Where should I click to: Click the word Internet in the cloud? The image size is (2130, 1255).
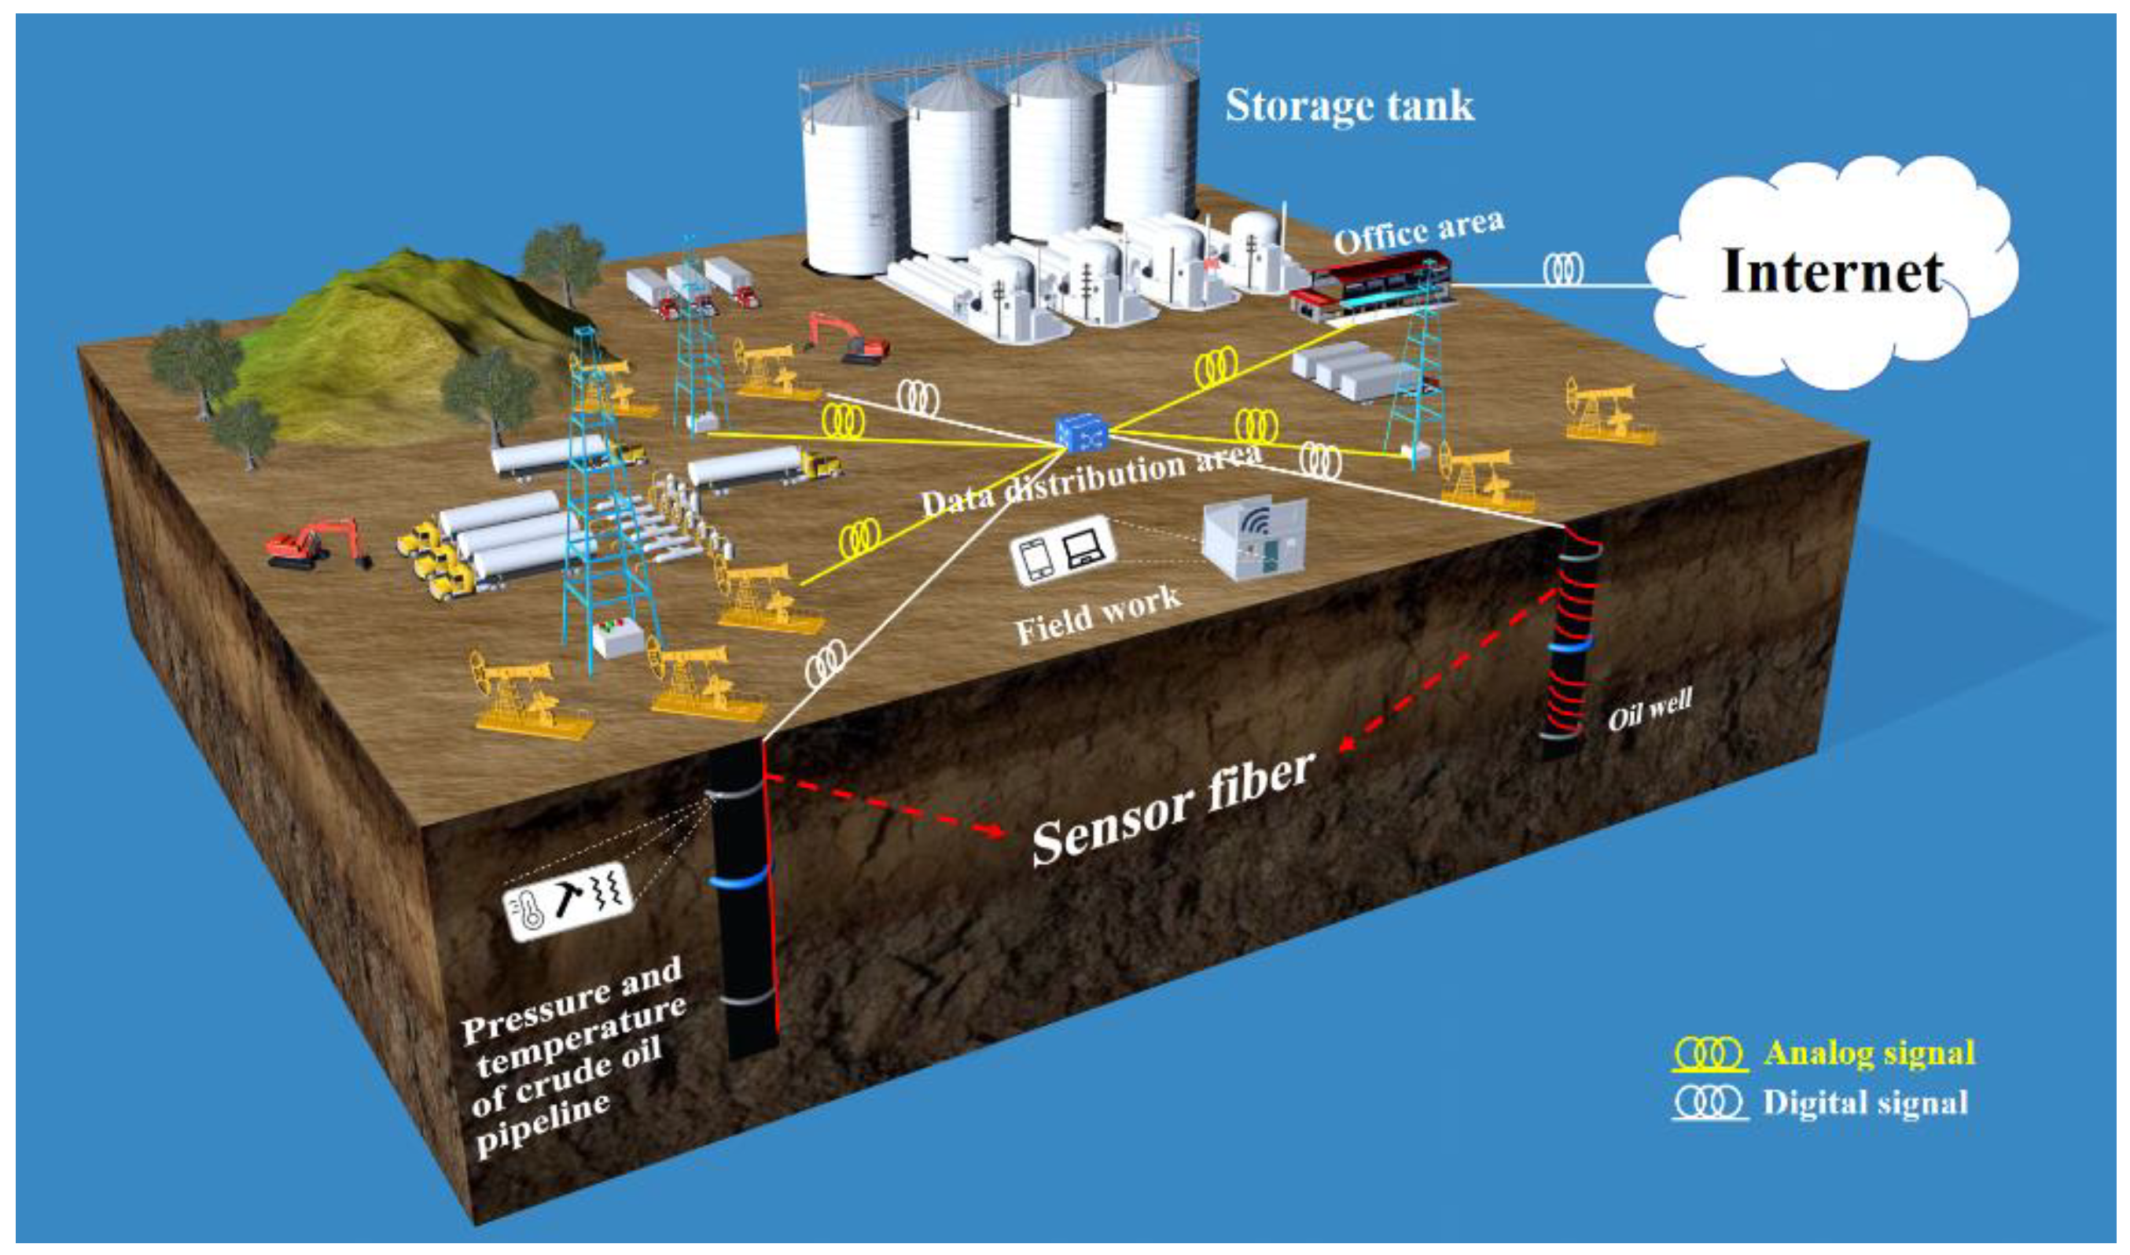[x=1830, y=271]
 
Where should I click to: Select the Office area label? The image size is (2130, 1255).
[x=1419, y=230]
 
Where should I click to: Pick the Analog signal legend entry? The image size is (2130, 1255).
[x=1869, y=1053]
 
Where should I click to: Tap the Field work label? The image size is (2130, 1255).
[x=1098, y=616]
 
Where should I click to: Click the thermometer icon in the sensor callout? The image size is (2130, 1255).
[x=530, y=915]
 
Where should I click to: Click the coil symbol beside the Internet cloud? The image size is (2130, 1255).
[x=1563, y=270]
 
